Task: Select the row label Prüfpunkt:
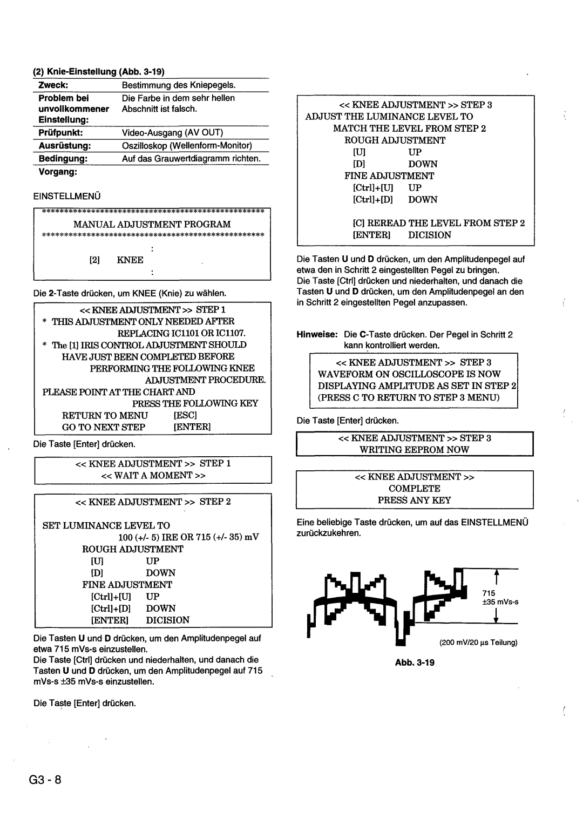tap(56, 132)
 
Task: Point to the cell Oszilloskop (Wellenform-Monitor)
tap(187, 146)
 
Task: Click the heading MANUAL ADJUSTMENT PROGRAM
tap(152, 224)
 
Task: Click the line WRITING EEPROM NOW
tap(415, 449)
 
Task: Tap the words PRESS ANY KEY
tap(415, 500)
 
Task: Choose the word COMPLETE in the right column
tap(415, 488)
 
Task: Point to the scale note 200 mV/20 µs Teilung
tap(478, 643)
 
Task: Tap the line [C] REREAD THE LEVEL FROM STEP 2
tap(439, 223)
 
